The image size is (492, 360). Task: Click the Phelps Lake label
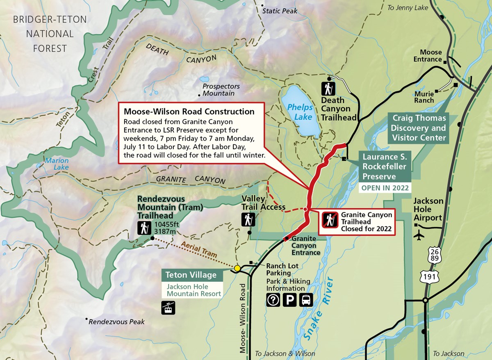(x=300, y=112)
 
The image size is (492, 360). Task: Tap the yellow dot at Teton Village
(x=237, y=268)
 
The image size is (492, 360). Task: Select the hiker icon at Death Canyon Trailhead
(x=329, y=89)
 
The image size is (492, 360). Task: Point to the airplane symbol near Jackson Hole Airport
(x=419, y=236)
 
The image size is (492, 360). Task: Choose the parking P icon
(x=289, y=300)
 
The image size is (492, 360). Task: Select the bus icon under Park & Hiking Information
(x=306, y=300)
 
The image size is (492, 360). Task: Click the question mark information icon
(x=273, y=300)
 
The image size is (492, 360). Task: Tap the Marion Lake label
(x=57, y=164)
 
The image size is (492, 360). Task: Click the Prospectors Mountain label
(x=221, y=90)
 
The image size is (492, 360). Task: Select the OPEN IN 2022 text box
(x=385, y=188)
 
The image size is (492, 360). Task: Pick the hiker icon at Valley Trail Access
(x=248, y=220)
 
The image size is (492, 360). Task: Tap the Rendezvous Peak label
(x=117, y=321)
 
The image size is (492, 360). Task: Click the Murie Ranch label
(x=424, y=97)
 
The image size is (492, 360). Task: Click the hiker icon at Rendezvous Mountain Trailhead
(x=144, y=228)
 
